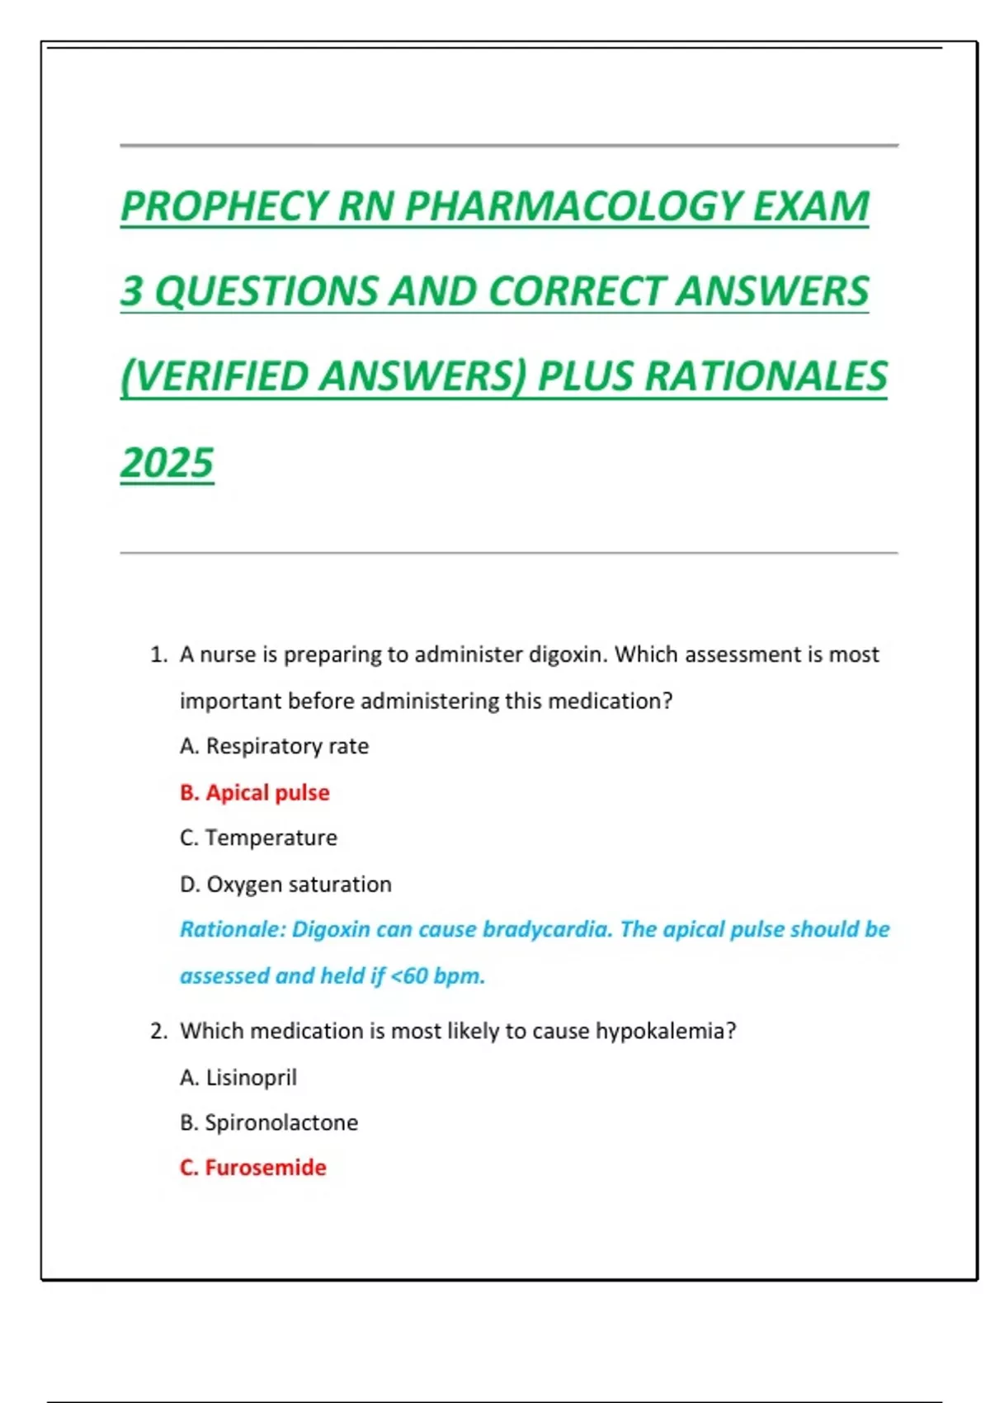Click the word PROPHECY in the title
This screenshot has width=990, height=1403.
click(x=225, y=206)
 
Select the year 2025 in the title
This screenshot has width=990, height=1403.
click(x=167, y=462)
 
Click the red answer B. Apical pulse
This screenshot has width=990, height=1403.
click(x=254, y=792)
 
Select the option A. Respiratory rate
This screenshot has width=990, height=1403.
click(x=274, y=746)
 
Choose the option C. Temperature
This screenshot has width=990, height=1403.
click(x=258, y=838)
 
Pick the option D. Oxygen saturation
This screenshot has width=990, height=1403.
click(x=285, y=884)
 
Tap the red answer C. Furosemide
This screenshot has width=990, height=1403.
click(x=252, y=1167)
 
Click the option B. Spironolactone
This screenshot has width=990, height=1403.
click(x=269, y=1122)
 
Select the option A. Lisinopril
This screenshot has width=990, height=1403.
click(x=238, y=1077)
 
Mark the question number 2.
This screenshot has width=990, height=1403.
click(x=158, y=1031)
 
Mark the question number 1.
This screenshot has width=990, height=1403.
click(x=158, y=654)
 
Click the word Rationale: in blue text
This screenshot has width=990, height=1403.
click(x=233, y=929)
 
